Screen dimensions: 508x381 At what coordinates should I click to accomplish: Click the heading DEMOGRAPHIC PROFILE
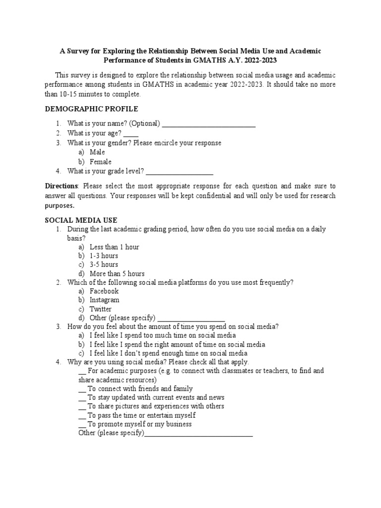click(x=92, y=109)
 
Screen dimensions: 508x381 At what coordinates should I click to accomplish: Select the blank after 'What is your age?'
click(x=131, y=133)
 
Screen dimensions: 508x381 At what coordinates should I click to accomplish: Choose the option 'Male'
click(x=97, y=152)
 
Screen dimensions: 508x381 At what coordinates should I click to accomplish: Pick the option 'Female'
click(x=101, y=162)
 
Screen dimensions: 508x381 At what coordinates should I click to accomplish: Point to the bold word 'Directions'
click(x=63, y=186)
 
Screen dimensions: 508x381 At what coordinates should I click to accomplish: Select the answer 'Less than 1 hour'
click(x=114, y=247)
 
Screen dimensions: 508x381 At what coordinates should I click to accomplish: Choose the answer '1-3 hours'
click(x=104, y=256)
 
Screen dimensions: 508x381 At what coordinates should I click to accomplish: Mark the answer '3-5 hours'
click(x=104, y=265)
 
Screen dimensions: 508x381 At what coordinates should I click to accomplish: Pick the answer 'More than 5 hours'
click(x=117, y=274)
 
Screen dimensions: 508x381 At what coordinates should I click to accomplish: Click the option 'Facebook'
click(x=104, y=291)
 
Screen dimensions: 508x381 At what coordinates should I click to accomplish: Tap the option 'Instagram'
click(x=105, y=300)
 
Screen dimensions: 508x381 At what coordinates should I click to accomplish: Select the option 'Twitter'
click(x=101, y=309)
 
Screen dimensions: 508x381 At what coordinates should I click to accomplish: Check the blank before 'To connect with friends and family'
click(x=83, y=389)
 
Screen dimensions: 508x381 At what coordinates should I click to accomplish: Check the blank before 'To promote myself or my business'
click(x=83, y=425)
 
